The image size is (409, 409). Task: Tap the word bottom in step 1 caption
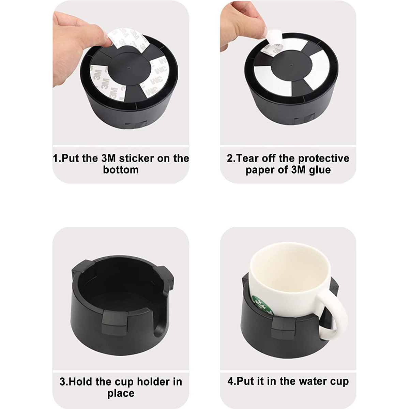121,170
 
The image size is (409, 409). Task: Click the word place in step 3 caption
121,393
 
